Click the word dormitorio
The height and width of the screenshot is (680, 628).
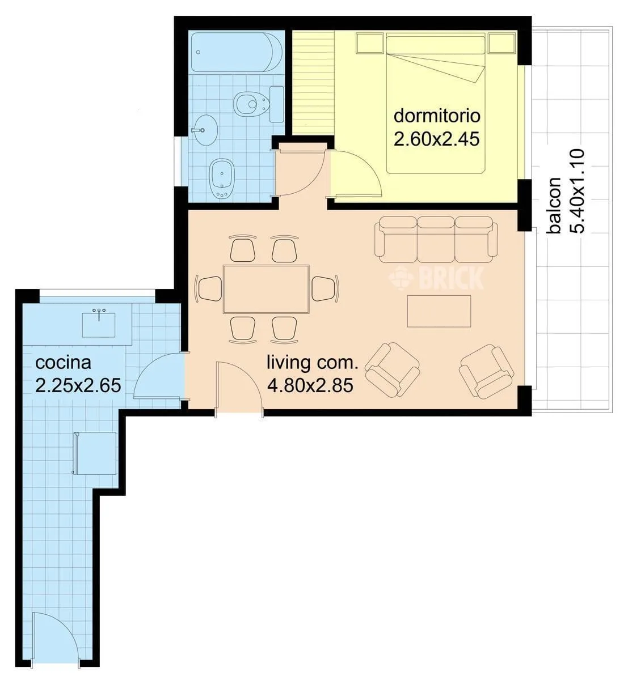(437, 116)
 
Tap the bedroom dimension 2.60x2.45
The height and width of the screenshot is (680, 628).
(436, 139)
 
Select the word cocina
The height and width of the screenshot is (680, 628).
(63, 363)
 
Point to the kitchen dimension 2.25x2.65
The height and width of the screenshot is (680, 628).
(78, 385)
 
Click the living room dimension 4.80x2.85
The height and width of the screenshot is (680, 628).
(310, 385)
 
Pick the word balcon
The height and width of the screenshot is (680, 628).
(553, 206)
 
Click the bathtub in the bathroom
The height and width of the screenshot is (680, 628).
(237, 52)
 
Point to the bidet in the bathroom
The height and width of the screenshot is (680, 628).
(221, 178)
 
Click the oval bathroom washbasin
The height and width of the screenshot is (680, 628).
(204, 130)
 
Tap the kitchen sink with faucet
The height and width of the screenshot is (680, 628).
(99, 323)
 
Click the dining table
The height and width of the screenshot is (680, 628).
(266, 289)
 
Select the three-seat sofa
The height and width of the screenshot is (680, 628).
(436, 239)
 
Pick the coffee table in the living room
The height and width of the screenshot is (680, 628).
(439, 311)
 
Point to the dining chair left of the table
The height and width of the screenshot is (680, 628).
(208, 289)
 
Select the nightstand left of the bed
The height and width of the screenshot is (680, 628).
(369, 43)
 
